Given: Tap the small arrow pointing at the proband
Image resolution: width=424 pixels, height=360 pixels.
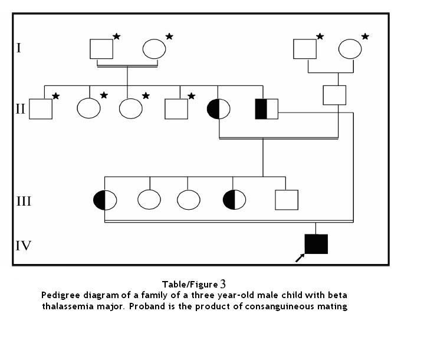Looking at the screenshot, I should (x=300, y=257).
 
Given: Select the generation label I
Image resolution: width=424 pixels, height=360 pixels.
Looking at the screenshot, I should (x=19, y=47).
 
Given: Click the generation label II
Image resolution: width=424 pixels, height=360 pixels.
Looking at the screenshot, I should (x=20, y=108).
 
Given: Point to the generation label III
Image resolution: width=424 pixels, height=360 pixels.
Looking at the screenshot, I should (x=24, y=201).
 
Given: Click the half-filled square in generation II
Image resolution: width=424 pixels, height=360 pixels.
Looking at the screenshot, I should (x=266, y=109).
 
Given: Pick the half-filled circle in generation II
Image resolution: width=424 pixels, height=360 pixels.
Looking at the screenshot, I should (x=218, y=109).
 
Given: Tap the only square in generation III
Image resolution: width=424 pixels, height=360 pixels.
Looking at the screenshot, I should (x=287, y=200).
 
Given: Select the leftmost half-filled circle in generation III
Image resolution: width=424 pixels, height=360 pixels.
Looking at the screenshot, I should (x=105, y=200).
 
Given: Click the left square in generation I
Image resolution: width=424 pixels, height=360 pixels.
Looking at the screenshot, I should (x=101, y=48).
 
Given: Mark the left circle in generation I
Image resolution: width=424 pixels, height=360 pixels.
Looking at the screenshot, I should (x=154, y=48).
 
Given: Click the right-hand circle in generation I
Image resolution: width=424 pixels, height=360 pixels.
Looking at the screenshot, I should (x=350, y=48).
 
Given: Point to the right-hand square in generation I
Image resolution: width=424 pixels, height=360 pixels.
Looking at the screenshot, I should (x=305, y=48).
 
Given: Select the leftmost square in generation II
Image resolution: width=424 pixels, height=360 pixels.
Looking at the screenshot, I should (x=41, y=108).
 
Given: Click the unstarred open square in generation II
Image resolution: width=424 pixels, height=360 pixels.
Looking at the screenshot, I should (x=334, y=94).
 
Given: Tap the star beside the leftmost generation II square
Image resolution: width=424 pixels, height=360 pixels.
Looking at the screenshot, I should (x=56, y=95).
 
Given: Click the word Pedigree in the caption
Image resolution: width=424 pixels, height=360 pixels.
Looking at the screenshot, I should (x=60, y=295).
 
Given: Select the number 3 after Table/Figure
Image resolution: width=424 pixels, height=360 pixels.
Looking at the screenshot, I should (x=223, y=284).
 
